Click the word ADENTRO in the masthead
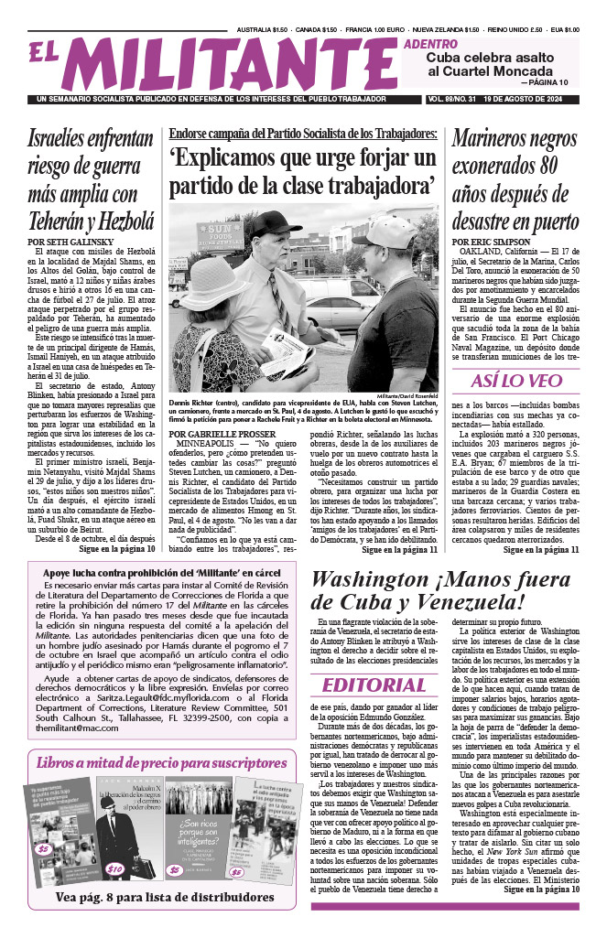432,43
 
